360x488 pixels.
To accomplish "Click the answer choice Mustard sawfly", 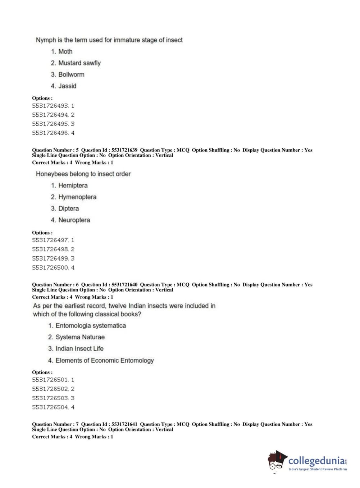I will point(79,63).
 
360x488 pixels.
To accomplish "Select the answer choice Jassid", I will point(67,86).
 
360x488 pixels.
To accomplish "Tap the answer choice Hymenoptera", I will point(77,197).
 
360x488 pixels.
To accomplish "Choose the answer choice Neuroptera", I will point(74,220).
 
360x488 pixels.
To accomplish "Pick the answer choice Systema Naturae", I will point(80,337).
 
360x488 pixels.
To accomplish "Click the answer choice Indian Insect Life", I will point(79,349).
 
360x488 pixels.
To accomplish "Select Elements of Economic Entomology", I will point(104,360).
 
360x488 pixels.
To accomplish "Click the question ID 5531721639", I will point(124,150).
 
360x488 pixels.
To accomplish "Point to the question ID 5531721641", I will point(124,424).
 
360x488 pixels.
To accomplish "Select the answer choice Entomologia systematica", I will point(90,326).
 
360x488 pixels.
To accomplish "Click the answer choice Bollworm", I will point(71,74).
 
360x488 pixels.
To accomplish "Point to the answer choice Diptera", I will point(68,208).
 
